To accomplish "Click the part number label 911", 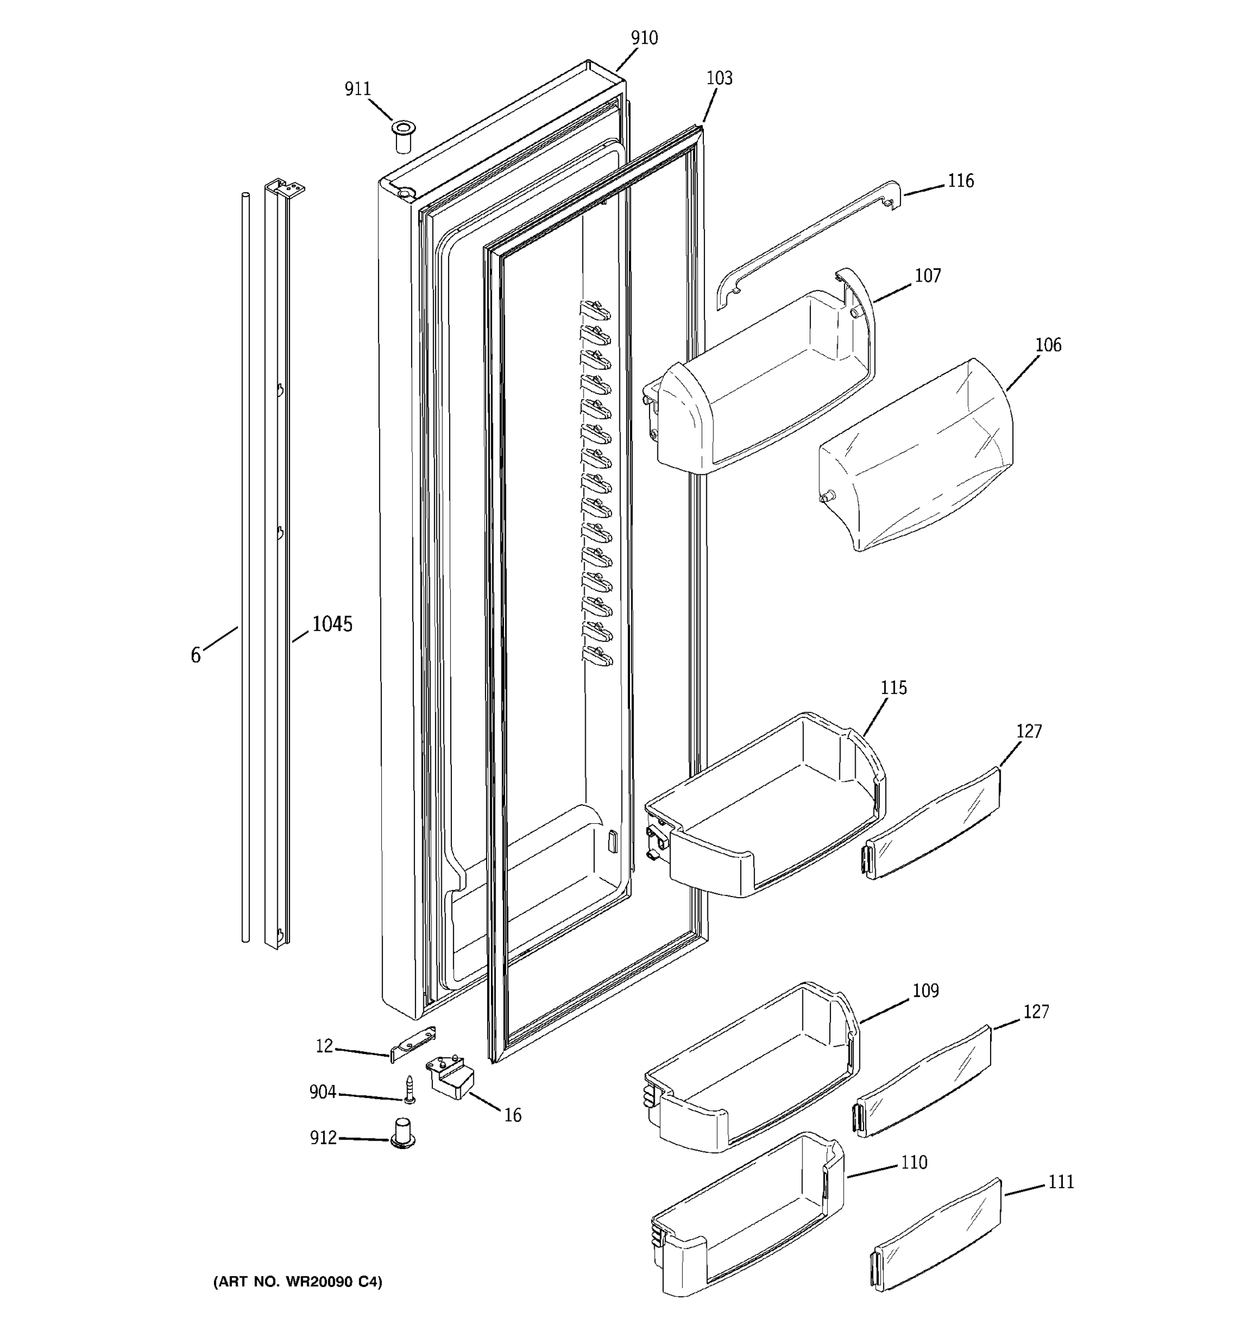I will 358,88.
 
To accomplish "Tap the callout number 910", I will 643,38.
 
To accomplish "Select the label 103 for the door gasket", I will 718,78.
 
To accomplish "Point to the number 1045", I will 332,624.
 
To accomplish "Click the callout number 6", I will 195,655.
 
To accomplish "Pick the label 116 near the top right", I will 960,181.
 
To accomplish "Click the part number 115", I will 893,688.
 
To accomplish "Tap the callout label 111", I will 1061,1182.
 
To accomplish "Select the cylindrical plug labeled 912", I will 403,1134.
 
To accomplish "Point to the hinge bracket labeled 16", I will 450,1077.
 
